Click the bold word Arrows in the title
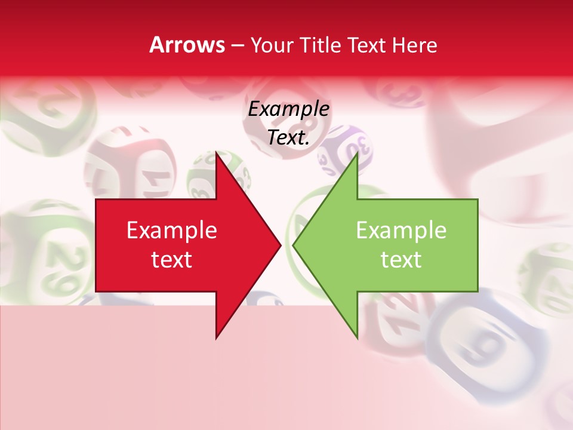(187, 45)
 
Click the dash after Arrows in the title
(237, 46)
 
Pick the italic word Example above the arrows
(288, 109)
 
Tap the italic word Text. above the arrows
(288, 138)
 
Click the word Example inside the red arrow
(172, 230)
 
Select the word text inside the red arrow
(172, 260)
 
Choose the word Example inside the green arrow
(401, 230)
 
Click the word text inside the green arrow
(401, 260)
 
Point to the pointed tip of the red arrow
(281, 245)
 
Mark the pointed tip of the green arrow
(293, 245)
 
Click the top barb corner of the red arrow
(216, 152)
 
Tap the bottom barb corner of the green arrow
(357, 338)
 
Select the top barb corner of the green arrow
(357, 152)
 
